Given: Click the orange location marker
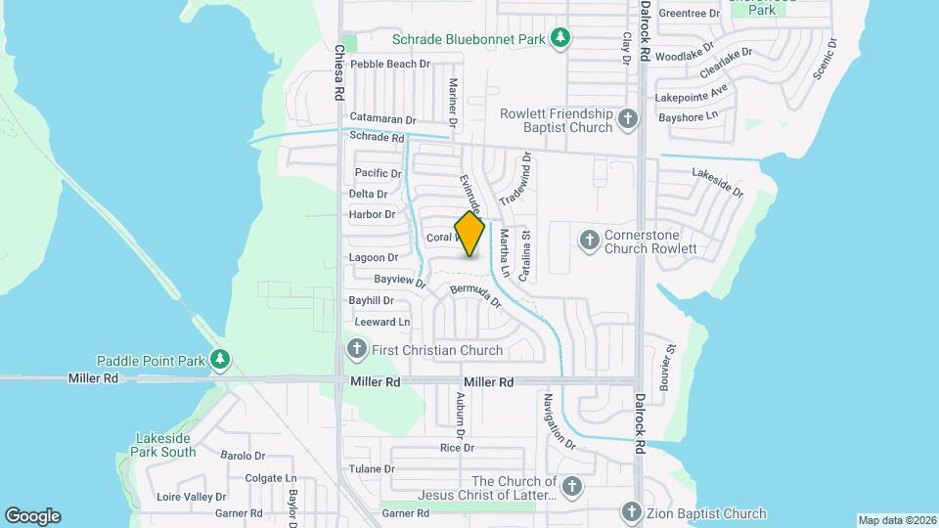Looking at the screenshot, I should (469, 234).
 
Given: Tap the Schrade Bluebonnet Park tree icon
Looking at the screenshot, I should (560, 39).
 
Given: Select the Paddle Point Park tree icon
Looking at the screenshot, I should (222, 360).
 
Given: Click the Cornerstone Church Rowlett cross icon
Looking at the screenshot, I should (589, 240).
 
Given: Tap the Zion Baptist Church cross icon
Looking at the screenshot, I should (632, 512).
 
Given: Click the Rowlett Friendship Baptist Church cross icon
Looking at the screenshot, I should (628, 121).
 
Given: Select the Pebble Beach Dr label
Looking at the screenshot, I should (390, 64).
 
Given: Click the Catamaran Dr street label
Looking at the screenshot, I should (382, 118).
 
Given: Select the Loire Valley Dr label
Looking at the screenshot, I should (192, 497).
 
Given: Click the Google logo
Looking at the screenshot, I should (32, 515).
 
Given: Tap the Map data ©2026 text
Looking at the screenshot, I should (896, 519).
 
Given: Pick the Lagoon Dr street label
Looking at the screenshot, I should (374, 257).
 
